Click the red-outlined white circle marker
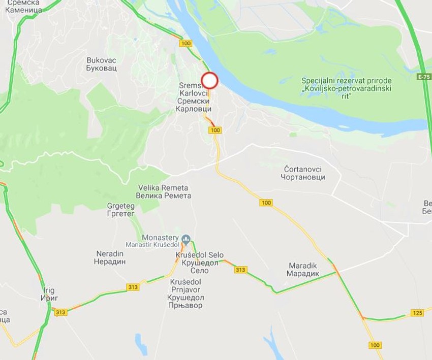[x=210, y=81]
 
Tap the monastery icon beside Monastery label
[x=186, y=238]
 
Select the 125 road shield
[x=417, y=313]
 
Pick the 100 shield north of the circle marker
[x=186, y=44]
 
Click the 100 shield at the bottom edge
[x=375, y=345]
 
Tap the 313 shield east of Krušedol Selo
[x=240, y=270]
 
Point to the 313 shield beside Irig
[x=60, y=312]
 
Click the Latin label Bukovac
[x=102, y=60]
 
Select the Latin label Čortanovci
[x=303, y=169]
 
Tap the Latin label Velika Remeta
[x=163, y=188]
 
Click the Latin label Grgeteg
[x=120, y=206]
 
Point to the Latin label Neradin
[x=109, y=253]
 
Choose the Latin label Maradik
[x=303, y=266]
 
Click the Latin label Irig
[x=49, y=290]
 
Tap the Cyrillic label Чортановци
[x=303, y=177]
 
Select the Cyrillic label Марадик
[x=303, y=274]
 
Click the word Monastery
[x=160, y=238]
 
